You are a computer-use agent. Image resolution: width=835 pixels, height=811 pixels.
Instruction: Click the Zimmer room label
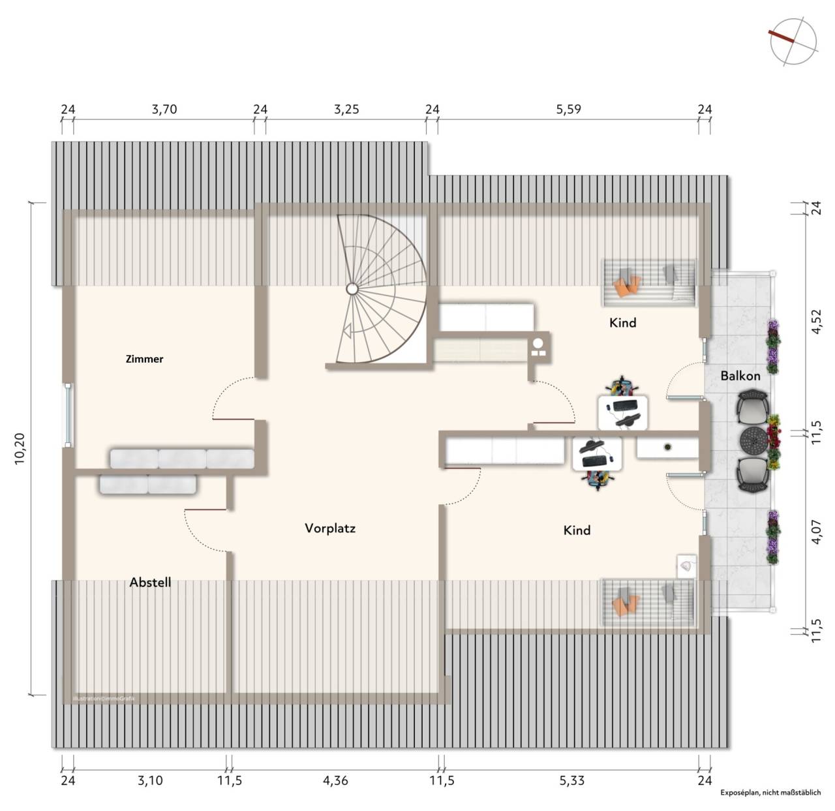(144, 359)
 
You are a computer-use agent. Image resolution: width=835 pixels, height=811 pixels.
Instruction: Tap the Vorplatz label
(330, 528)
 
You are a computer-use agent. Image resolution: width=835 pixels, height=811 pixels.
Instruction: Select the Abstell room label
(150, 582)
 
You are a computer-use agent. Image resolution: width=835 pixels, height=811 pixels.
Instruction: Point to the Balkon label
(740, 376)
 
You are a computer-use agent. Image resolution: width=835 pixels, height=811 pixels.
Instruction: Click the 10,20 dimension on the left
(20, 448)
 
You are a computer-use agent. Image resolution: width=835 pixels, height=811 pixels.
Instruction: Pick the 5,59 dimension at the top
(569, 110)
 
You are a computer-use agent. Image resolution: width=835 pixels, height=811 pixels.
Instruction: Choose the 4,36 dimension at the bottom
(335, 780)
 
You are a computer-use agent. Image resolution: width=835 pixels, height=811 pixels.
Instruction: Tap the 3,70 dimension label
(164, 110)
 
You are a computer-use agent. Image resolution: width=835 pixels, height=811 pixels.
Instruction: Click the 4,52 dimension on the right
(816, 322)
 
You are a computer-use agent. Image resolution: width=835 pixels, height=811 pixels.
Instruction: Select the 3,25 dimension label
(346, 110)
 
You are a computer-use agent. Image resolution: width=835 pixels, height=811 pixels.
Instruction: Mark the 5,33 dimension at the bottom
(572, 780)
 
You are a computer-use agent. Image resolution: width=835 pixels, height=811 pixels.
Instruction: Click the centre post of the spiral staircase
(352, 289)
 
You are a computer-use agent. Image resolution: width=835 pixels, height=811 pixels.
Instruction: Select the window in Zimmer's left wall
(68, 416)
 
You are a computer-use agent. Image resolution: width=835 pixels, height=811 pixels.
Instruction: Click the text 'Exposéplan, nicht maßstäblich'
(770, 793)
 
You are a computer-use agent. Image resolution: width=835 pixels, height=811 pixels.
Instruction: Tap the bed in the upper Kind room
(648, 283)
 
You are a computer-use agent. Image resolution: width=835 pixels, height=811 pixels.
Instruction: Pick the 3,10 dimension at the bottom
(150, 780)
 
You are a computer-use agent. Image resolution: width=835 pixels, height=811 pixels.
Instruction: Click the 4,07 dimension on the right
(816, 532)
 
